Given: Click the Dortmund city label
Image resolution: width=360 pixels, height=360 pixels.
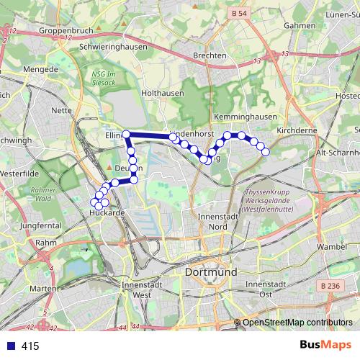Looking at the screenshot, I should pos(211,273).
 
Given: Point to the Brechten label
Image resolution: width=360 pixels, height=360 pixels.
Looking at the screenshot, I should pos(210,55).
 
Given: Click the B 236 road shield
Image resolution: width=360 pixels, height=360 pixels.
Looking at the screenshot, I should pos(332,287).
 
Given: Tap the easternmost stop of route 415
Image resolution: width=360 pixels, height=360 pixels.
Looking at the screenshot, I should pos(265,151).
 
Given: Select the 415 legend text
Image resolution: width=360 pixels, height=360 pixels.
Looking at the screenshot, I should pos(30,346).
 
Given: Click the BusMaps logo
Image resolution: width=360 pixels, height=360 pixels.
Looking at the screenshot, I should pos(325,346).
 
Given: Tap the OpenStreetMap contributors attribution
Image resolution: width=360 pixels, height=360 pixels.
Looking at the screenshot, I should pos(297,322).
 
